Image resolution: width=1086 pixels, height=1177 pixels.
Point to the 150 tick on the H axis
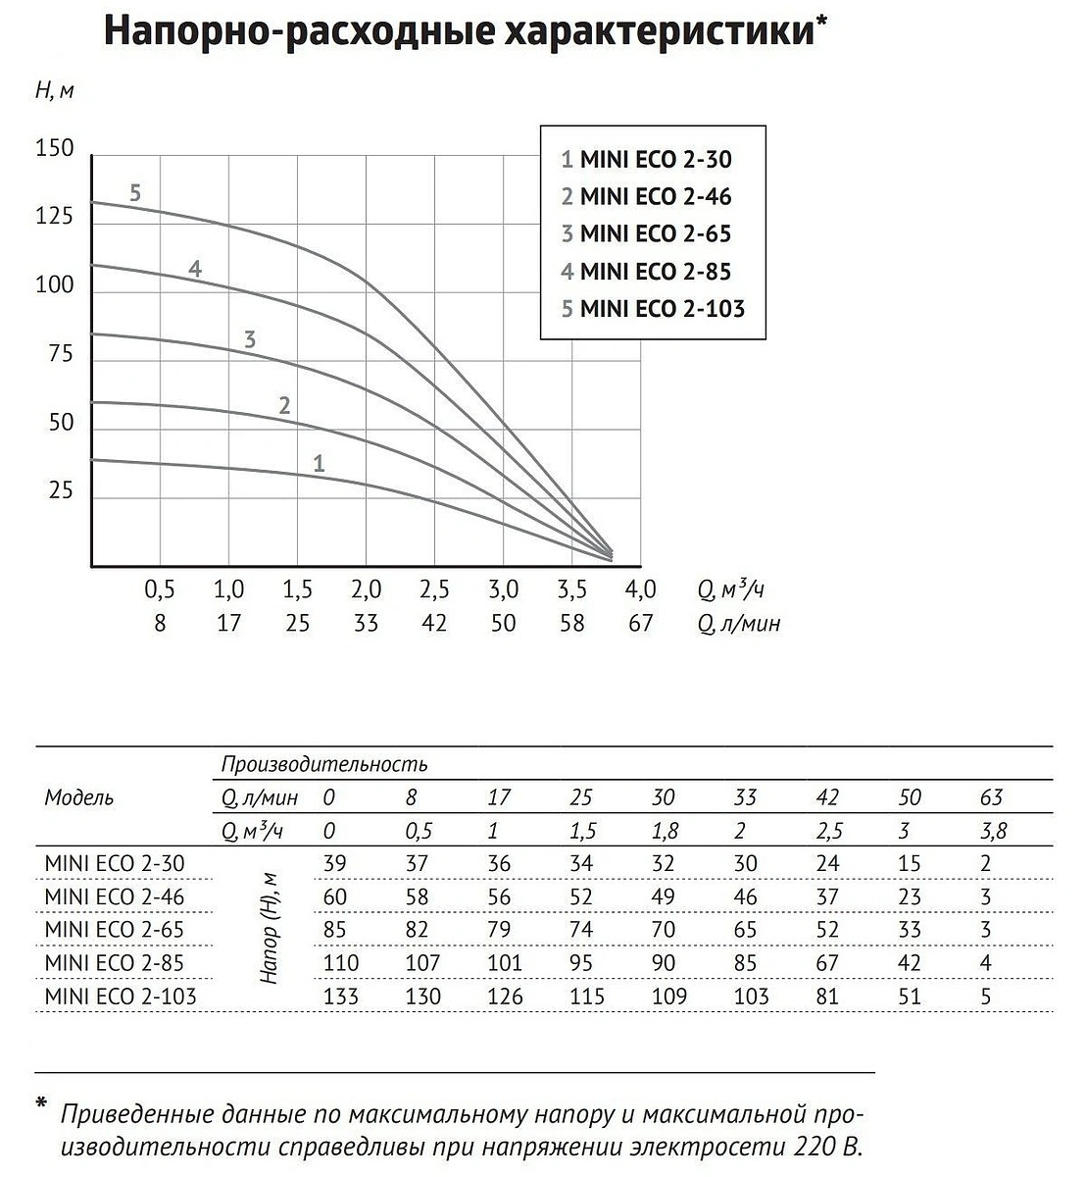[x=55, y=149]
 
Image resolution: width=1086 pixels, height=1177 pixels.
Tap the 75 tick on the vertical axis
[x=61, y=354]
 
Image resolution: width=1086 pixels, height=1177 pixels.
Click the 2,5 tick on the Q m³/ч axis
[x=434, y=590]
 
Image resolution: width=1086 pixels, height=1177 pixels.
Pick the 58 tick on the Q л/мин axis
[x=571, y=623]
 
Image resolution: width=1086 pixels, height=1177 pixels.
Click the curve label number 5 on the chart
[x=135, y=193]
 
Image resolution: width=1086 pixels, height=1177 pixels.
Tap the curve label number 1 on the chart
[x=319, y=463]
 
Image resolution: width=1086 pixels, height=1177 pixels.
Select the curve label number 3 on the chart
[x=250, y=340]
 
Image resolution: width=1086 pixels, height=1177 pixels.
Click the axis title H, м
[x=55, y=90]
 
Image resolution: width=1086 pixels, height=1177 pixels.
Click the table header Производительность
[x=324, y=764]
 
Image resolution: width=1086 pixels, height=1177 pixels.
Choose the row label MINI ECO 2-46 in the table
[x=115, y=896]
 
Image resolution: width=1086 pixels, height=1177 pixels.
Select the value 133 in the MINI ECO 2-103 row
[x=341, y=997]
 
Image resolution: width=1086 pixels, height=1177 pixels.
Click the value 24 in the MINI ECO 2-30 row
[x=828, y=863]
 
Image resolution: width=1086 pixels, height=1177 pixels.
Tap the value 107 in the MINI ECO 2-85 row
[x=423, y=963]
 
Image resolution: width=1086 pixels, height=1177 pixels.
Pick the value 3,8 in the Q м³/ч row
[x=993, y=831]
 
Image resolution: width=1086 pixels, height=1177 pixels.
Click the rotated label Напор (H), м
[x=271, y=928]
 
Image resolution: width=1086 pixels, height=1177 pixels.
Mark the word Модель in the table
[x=79, y=797]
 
